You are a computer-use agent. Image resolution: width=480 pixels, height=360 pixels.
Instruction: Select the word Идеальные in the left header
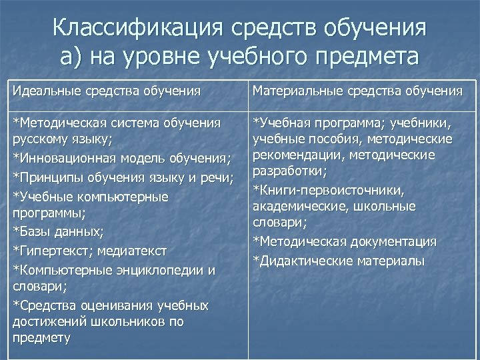[x=43, y=91]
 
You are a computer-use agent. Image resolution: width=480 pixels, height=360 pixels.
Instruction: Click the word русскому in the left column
[x=37, y=140]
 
